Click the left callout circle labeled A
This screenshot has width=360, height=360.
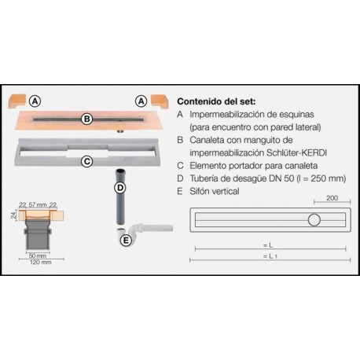[x=35, y=101]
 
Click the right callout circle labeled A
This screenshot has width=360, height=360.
[x=141, y=101]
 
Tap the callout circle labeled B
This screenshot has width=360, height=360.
[x=88, y=119]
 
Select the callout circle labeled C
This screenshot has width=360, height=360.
[x=88, y=162]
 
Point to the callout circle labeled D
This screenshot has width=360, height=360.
[x=120, y=189]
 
